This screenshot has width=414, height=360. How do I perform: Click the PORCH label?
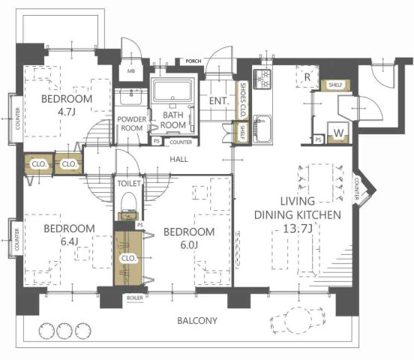[193, 61]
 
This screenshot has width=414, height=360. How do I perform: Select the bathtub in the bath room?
[172, 91]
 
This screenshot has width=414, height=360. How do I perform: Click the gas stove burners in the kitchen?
[262, 79]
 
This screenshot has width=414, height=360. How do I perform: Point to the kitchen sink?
[262, 129]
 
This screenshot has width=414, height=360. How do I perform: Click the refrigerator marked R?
[307, 76]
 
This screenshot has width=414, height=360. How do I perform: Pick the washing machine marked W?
[338, 133]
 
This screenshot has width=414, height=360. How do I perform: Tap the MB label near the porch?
[131, 71]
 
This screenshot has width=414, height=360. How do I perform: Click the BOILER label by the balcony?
[135, 298]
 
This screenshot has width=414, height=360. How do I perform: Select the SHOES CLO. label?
[243, 100]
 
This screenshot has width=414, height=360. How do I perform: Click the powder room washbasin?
[130, 97]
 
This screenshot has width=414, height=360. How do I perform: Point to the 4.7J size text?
[67, 112]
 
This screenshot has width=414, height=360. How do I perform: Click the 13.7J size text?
[298, 228]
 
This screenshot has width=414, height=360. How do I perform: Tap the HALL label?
[178, 159]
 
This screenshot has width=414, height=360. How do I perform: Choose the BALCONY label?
[197, 321]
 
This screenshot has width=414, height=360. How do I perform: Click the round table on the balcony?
[298, 320]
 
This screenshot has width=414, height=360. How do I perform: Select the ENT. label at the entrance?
[218, 100]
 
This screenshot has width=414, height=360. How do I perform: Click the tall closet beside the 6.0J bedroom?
[128, 258]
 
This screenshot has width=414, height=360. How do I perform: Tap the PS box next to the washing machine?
[319, 139]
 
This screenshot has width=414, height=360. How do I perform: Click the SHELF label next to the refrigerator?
[335, 85]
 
